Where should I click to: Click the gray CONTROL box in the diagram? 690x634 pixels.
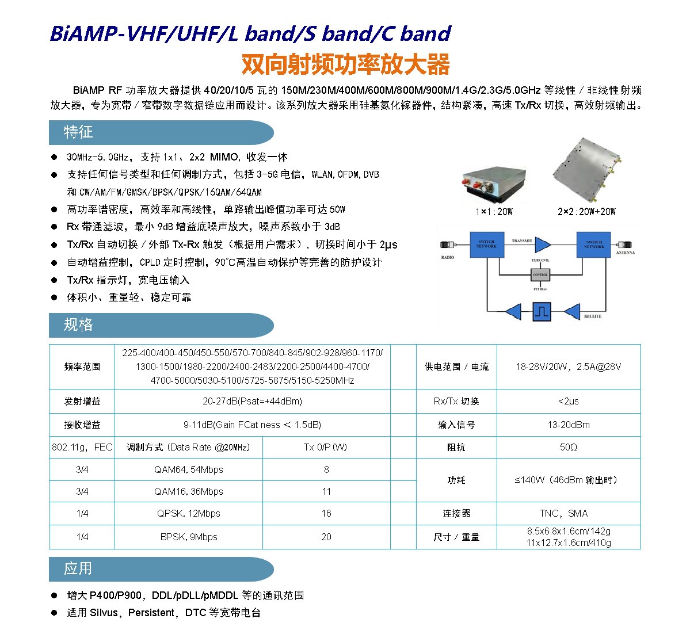(x=540, y=275)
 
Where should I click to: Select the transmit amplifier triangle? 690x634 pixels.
(x=543, y=245)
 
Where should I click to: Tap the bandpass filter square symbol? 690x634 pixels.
(x=541, y=312)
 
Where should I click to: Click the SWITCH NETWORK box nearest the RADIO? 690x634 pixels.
(x=486, y=245)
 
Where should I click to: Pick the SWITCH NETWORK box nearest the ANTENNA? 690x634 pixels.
(x=593, y=245)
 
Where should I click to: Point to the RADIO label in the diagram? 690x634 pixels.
(x=448, y=257)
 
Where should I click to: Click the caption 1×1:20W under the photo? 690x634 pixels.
(x=494, y=212)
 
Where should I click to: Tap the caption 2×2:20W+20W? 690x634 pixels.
(x=586, y=212)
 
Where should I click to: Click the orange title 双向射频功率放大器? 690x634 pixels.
(x=345, y=65)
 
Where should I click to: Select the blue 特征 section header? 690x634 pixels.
(x=78, y=132)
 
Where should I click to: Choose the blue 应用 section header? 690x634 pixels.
(x=78, y=568)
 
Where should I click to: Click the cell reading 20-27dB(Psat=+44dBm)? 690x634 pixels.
(x=252, y=401)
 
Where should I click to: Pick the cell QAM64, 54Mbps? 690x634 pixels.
(x=188, y=469)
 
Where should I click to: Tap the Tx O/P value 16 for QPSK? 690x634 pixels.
(x=326, y=513)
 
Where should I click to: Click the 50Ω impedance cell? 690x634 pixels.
(x=568, y=447)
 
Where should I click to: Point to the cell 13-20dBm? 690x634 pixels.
(x=568, y=425)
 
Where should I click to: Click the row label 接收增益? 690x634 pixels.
(x=82, y=425)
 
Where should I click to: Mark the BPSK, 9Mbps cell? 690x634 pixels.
(x=188, y=537)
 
